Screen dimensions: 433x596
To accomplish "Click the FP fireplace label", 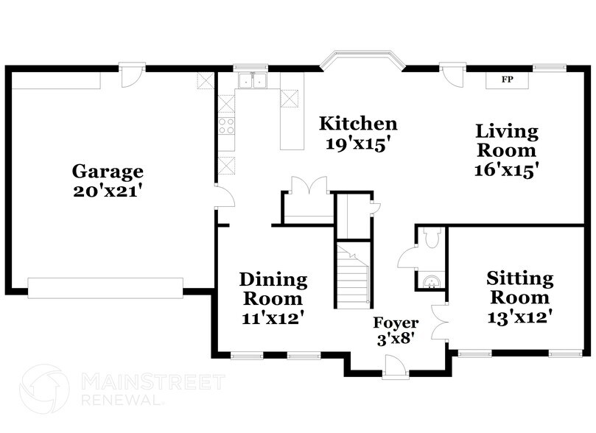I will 507,79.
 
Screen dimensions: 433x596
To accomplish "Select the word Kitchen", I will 357,124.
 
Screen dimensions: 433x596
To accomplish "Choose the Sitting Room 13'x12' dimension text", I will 519,317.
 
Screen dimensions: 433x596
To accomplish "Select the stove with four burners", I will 226,124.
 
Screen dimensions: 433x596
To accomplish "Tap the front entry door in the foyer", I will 395,366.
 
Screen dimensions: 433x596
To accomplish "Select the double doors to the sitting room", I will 441,321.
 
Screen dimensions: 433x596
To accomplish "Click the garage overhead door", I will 105,287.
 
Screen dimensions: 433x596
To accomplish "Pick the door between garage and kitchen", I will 223,196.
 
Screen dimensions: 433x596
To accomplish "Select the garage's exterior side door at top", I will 133,76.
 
